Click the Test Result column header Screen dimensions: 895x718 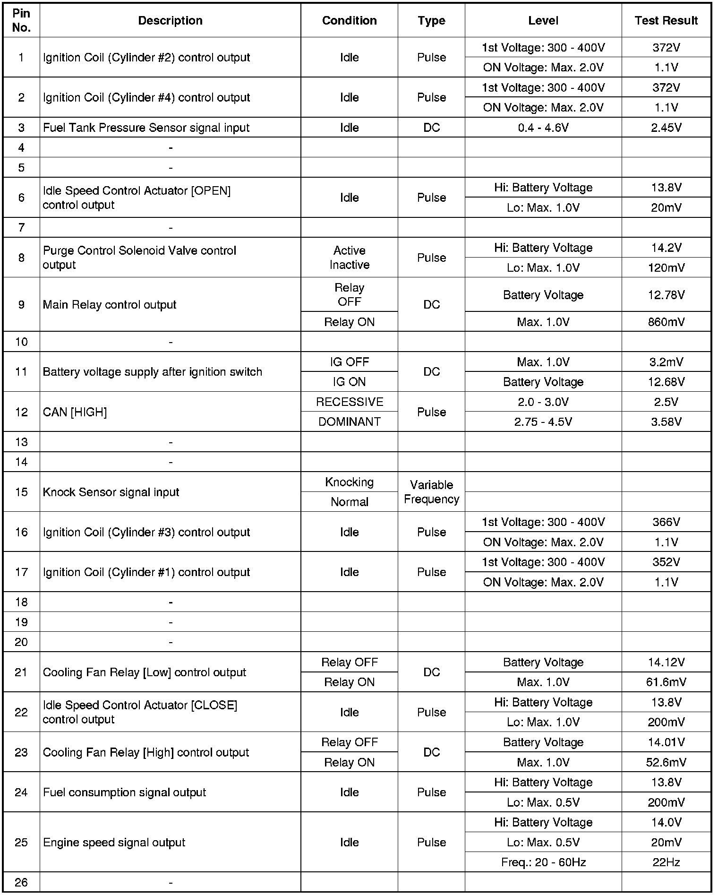click(666, 21)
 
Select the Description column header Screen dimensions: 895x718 click(170, 21)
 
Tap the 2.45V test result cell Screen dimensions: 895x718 click(666, 128)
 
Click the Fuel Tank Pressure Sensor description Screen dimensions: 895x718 click(146, 128)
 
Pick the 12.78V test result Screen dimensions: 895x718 click(666, 295)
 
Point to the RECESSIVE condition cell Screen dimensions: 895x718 click(350, 402)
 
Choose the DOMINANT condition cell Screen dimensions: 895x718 click(350, 422)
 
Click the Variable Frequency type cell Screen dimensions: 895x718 click(431, 492)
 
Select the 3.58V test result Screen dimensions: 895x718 click(666, 422)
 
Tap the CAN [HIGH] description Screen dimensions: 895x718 click(75, 412)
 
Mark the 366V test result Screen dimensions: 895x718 click(666, 522)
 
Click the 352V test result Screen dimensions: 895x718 click(666, 562)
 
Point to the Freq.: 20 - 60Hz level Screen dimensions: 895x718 click(543, 862)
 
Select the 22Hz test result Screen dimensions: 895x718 click(666, 862)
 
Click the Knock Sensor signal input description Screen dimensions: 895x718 click(111, 492)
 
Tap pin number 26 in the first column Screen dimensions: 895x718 click(21, 882)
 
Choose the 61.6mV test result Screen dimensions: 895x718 click(666, 682)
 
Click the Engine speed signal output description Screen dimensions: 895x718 click(114, 842)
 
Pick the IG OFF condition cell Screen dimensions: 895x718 click(350, 362)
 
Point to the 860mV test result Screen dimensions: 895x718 click(666, 322)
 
